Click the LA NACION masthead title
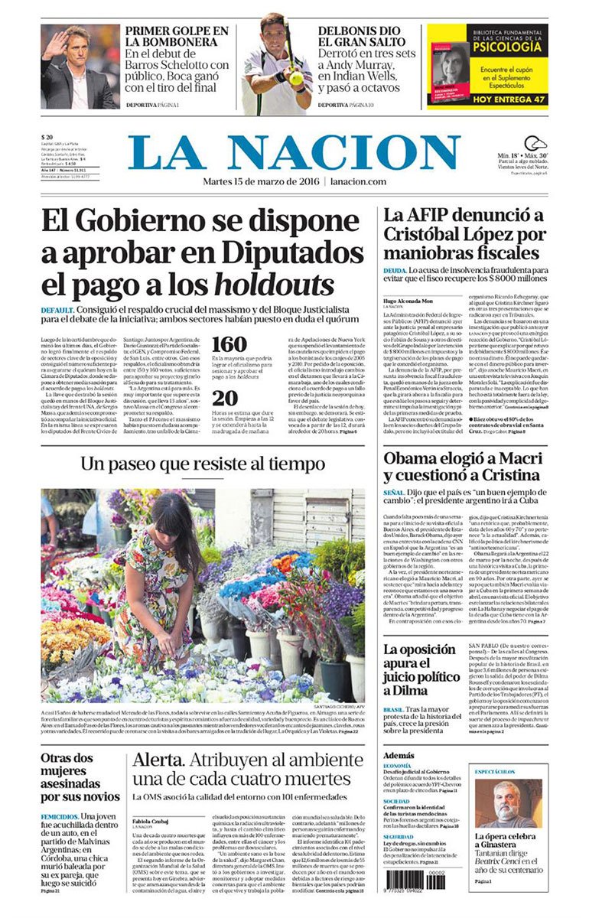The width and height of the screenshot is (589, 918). click(x=294, y=153)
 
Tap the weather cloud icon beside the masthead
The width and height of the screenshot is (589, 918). click(x=535, y=144)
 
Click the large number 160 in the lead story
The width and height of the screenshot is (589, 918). click(x=229, y=345)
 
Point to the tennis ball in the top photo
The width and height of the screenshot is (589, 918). click(x=295, y=76)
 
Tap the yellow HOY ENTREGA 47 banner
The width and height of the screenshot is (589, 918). click(x=486, y=99)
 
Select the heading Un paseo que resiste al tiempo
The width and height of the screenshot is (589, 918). click(x=203, y=464)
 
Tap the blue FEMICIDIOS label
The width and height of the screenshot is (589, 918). click(x=59, y=816)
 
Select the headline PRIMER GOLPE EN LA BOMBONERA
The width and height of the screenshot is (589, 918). click(x=177, y=37)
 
